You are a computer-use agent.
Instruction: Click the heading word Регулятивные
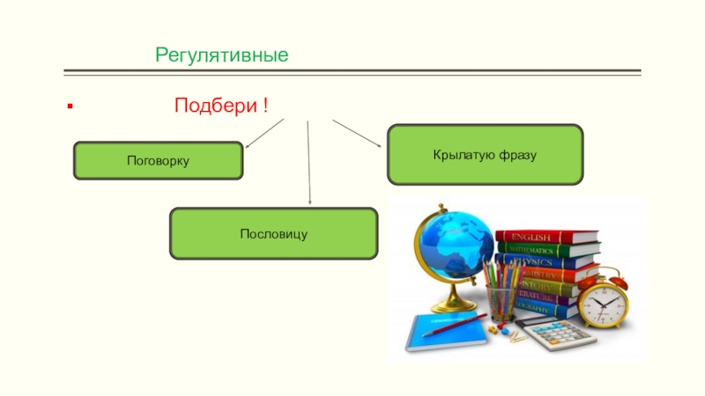click(222, 55)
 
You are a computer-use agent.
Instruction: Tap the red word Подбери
click(216, 106)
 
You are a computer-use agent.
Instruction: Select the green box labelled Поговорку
click(158, 161)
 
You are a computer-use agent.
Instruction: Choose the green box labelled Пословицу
click(273, 233)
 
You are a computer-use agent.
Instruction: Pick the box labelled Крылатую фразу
click(485, 155)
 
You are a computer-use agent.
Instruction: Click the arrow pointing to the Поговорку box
click(263, 133)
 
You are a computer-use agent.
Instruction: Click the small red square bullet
click(69, 107)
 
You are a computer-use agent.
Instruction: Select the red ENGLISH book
click(546, 236)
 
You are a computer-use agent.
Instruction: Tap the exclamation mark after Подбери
click(264, 106)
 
